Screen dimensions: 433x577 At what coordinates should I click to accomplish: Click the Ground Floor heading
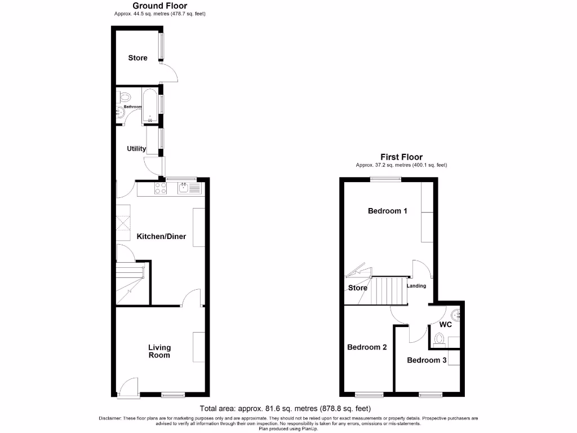tap(159, 6)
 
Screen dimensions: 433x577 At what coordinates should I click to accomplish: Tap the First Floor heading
tap(401, 157)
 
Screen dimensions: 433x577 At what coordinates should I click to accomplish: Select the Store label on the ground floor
tap(137, 58)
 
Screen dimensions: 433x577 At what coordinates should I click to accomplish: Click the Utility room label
tap(136, 149)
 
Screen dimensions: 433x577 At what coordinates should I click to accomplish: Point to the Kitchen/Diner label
tap(161, 236)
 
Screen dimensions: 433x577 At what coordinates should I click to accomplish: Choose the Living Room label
tap(159, 351)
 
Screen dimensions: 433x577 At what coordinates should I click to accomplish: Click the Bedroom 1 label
tap(387, 211)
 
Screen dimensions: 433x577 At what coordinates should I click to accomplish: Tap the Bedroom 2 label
tap(367, 347)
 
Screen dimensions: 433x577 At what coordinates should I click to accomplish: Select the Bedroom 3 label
tap(427, 360)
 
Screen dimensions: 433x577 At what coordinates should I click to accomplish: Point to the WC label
tap(445, 325)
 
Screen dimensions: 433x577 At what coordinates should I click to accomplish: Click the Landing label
tap(416, 286)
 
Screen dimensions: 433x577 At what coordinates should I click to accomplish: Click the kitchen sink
tap(190, 188)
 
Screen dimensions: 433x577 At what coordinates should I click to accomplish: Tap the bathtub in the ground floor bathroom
tap(150, 104)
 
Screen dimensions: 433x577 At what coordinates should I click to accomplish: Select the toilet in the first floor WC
tap(440, 338)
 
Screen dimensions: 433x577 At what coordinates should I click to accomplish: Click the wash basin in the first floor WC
tap(457, 313)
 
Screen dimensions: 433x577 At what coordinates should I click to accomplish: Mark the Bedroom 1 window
tap(385, 179)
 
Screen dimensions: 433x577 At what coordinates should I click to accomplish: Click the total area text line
tap(285, 409)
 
